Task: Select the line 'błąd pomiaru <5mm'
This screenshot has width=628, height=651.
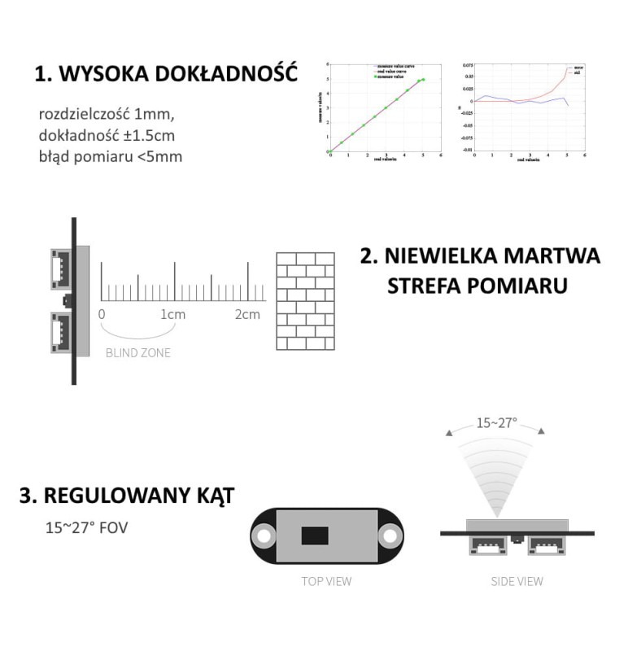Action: coord(110,156)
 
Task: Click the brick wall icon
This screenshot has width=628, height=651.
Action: coord(305,301)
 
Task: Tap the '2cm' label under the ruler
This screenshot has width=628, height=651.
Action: coord(247,315)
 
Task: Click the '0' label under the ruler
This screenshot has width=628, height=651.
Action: coord(101,315)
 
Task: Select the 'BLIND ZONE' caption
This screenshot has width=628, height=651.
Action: coord(138,353)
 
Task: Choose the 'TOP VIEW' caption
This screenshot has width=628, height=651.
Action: coord(326,581)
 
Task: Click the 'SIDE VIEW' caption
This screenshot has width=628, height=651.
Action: coord(517,581)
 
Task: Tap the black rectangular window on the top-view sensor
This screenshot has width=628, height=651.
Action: coord(315,535)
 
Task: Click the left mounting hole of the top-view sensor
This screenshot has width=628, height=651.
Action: coord(264,535)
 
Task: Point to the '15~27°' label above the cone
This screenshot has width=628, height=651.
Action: coord(497,423)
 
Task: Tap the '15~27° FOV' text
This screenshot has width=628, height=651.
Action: coord(86,527)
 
